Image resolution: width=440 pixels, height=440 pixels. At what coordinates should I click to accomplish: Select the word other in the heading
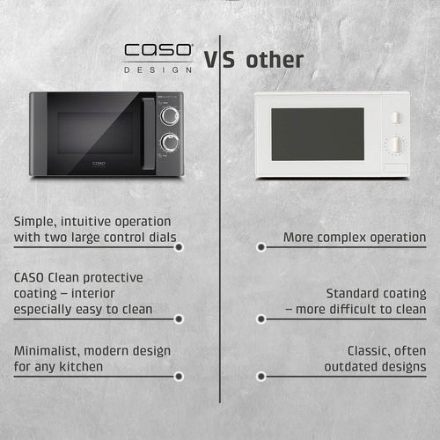point(275,60)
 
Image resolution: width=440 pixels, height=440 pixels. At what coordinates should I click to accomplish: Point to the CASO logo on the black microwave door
point(102,163)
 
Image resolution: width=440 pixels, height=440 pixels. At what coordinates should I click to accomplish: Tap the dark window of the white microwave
point(317,134)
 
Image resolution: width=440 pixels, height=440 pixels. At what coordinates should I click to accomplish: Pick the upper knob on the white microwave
point(394,115)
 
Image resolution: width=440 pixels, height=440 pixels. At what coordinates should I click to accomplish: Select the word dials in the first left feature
point(158,238)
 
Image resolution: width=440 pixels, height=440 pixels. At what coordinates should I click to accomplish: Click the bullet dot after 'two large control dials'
point(179,247)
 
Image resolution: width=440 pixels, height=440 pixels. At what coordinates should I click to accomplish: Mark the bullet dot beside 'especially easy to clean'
point(179,319)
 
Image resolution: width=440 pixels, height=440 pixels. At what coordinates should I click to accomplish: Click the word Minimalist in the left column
point(46,350)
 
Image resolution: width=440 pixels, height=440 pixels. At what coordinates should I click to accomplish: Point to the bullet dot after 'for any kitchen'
point(179,376)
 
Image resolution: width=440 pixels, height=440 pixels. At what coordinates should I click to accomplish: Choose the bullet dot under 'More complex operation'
point(260,247)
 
